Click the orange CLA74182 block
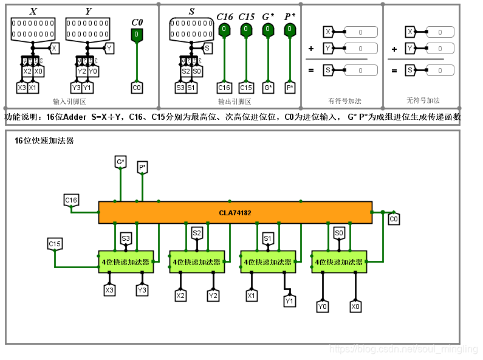tap(235, 213)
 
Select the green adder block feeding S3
tap(126, 261)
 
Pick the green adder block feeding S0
tap(339, 261)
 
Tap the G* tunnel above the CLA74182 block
tap(120, 162)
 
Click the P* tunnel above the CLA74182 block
tap(142, 167)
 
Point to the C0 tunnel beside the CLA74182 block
tap(394, 219)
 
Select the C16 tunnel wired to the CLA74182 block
tap(71, 200)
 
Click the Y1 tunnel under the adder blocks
tap(290, 300)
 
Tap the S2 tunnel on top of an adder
tap(197, 233)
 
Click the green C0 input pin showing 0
tap(137, 35)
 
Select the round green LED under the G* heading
tap(268, 29)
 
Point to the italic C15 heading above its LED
tap(246, 17)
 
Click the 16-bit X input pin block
tap(32, 28)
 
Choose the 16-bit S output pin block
tap(191, 28)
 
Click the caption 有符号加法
tap(341, 101)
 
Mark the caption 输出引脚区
tap(235, 102)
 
